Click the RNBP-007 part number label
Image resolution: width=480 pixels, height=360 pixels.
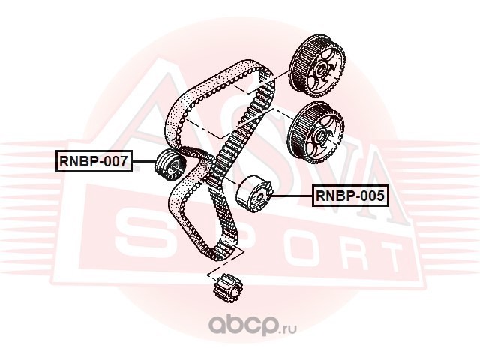click(94, 160)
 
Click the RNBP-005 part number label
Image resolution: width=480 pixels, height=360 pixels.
click(349, 196)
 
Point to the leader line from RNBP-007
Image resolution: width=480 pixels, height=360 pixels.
click(144, 161)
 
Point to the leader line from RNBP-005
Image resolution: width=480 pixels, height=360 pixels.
click(293, 196)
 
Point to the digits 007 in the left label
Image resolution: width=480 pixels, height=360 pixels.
click(115, 160)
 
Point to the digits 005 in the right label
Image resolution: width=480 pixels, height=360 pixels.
click(371, 196)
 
